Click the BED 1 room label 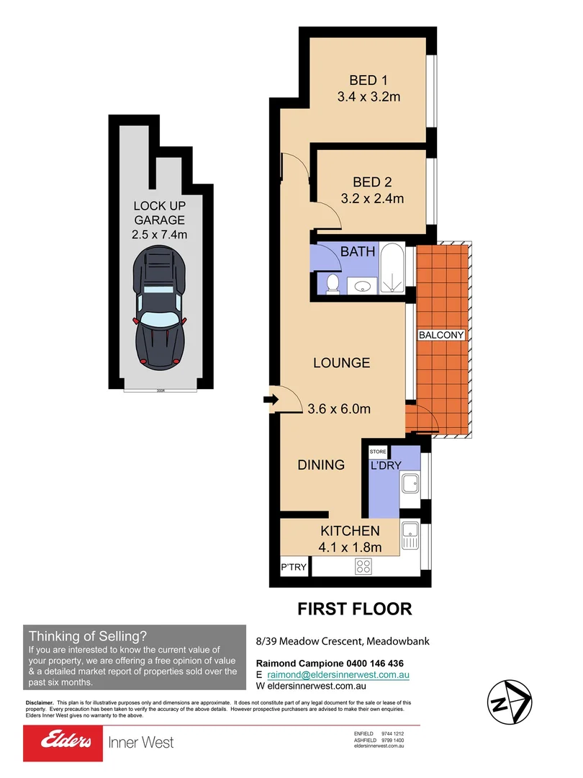[368, 79]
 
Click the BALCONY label [441, 336]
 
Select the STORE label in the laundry [378, 452]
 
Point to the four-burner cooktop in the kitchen [363, 566]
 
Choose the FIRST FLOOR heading [355, 609]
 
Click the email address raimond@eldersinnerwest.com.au [338, 675]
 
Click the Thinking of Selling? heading [88, 636]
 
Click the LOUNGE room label [341, 363]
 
